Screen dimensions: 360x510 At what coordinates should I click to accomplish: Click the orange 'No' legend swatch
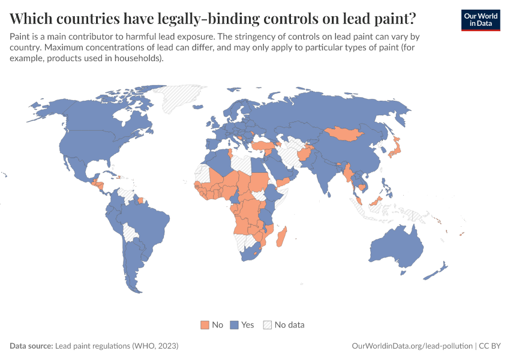(x=205, y=325)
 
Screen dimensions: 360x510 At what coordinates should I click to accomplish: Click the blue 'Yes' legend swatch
(x=235, y=325)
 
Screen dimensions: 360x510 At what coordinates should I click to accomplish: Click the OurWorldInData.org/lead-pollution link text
(x=412, y=346)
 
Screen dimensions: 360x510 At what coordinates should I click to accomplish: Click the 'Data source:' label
(x=31, y=346)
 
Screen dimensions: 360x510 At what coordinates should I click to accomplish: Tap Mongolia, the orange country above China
(x=346, y=133)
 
